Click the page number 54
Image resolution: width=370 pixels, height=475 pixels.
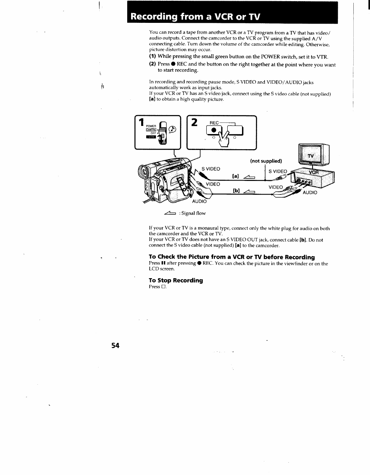click(x=115, y=346)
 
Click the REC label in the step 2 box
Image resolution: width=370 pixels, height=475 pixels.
click(x=214, y=123)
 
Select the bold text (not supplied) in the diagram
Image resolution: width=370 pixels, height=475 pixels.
click(x=266, y=161)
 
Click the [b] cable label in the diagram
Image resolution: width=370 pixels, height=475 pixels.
click(x=236, y=190)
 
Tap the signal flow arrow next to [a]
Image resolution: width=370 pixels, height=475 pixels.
click(x=249, y=177)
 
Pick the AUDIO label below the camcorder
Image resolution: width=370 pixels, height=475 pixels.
click(x=199, y=201)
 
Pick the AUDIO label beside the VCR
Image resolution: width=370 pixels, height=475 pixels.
click(x=310, y=193)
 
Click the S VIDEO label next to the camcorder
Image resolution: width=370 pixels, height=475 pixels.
click(x=211, y=169)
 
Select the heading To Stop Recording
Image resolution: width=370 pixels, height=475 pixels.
click(x=176, y=280)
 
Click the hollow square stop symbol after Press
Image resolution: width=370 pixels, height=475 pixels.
click(x=164, y=287)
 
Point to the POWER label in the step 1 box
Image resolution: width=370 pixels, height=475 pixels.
click(x=151, y=126)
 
